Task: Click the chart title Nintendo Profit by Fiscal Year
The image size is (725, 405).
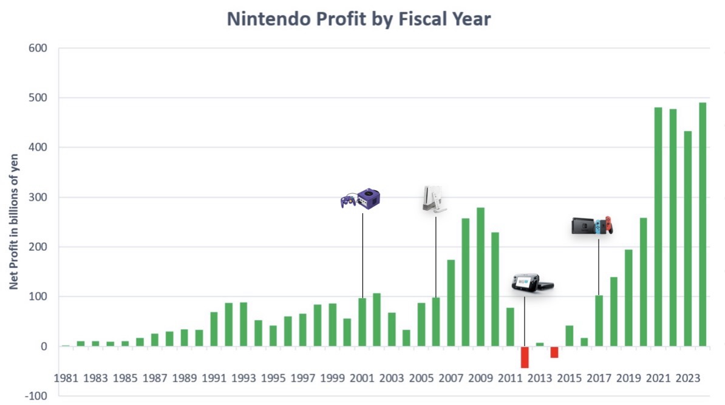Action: coord(358,19)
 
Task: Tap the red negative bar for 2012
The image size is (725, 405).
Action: coord(525,357)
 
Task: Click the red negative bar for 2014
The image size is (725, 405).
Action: coord(554,352)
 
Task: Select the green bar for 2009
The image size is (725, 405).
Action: coord(480,277)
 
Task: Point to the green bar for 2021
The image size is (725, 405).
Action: coord(658,227)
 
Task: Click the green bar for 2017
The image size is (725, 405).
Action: coord(599,321)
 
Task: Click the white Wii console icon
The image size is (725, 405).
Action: coord(434,199)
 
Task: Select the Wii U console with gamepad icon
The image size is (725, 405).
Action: coord(532,284)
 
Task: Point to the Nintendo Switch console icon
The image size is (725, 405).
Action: coord(592,225)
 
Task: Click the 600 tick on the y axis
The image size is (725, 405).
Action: coord(38,48)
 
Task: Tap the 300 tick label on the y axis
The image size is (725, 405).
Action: coord(38,197)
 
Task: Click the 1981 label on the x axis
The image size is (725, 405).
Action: coord(66,378)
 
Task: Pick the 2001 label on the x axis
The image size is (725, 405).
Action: coord(362,378)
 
